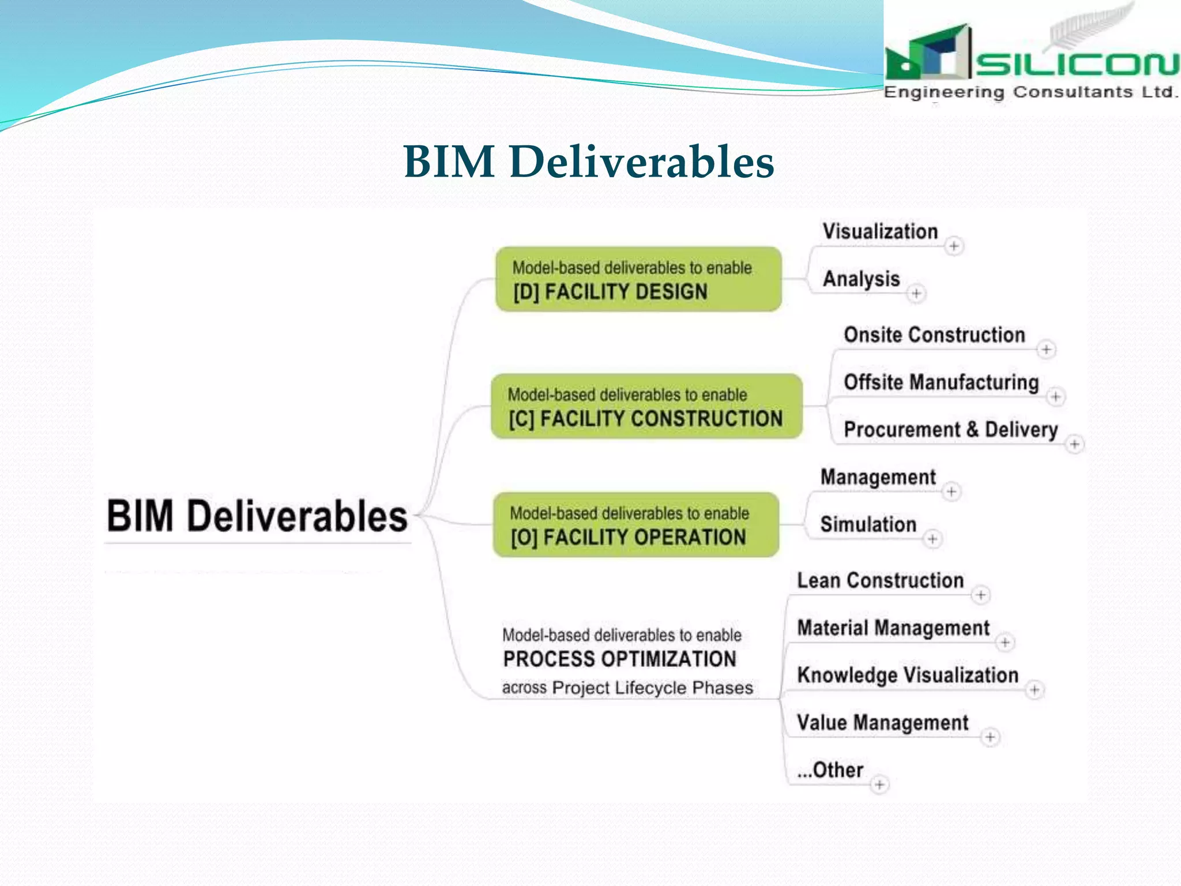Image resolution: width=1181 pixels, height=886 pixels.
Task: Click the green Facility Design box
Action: pyautogui.click(x=638, y=280)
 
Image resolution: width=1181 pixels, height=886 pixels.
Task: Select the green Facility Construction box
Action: pyautogui.click(x=646, y=407)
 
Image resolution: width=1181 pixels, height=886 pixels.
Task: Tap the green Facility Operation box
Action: pyautogui.click(x=636, y=525)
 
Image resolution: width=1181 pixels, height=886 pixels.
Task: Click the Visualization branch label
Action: pyautogui.click(x=880, y=232)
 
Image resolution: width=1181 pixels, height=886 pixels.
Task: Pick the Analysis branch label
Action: pyautogui.click(x=861, y=279)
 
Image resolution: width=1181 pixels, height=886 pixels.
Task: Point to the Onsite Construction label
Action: pyautogui.click(x=934, y=335)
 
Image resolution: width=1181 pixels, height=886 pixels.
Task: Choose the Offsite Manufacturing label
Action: pyautogui.click(x=941, y=382)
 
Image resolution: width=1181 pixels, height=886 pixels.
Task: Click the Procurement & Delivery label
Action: pyautogui.click(x=951, y=430)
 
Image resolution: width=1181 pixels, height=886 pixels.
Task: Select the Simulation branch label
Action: pyautogui.click(x=868, y=524)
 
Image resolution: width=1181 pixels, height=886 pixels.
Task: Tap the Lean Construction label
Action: pyautogui.click(x=880, y=581)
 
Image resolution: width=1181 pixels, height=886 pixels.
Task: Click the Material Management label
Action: pyautogui.click(x=893, y=628)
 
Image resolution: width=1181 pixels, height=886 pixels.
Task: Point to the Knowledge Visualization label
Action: pyautogui.click(x=908, y=675)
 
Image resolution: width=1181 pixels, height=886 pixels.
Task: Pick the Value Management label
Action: pyautogui.click(x=882, y=723)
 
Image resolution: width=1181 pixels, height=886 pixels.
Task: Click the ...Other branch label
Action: pyautogui.click(x=830, y=771)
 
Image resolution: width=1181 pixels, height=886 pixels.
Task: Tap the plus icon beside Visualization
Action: pyautogui.click(x=954, y=246)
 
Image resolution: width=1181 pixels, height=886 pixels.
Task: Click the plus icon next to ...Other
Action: pyautogui.click(x=879, y=785)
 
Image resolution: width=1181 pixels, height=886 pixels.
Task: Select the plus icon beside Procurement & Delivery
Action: pyautogui.click(x=1074, y=444)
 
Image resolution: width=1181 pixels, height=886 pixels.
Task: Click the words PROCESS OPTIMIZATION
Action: pyautogui.click(x=619, y=659)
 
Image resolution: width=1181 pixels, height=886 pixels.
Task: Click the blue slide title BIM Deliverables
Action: pyautogui.click(x=589, y=162)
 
